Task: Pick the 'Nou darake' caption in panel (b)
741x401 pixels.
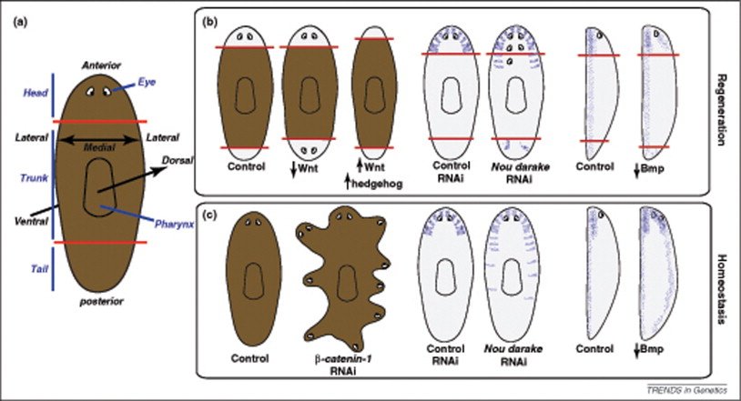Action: coord(513,167)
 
